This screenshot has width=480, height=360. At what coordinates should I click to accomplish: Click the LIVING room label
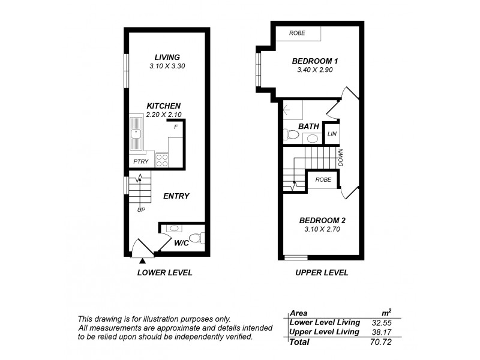(167, 57)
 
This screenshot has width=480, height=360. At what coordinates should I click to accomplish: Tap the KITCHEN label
(164, 106)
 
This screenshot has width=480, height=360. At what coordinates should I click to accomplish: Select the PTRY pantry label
(141, 161)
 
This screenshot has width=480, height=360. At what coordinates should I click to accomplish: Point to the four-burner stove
(162, 160)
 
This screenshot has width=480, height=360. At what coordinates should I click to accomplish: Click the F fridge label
(176, 127)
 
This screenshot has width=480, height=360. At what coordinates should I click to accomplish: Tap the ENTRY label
(176, 196)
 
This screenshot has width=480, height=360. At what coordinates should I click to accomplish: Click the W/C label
(182, 243)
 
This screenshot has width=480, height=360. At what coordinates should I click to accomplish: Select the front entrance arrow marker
(142, 260)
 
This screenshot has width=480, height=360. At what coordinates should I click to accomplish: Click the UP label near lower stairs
(142, 210)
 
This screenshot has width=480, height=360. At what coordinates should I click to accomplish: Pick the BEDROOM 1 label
(316, 61)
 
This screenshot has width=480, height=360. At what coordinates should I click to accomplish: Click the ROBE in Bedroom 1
(297, 33)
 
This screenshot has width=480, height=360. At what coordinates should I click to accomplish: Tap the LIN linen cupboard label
(331, 133)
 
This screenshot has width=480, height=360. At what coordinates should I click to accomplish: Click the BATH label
(309, 127)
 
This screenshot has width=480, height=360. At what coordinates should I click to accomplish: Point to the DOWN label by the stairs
(340, 158)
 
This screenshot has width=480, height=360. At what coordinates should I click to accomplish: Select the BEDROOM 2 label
(322, 220)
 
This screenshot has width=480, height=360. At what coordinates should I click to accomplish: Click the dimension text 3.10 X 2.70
(322, 229)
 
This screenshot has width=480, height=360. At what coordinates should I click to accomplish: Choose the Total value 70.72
(378, 342)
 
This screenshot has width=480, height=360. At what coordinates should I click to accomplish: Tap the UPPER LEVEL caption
(322, 272)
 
